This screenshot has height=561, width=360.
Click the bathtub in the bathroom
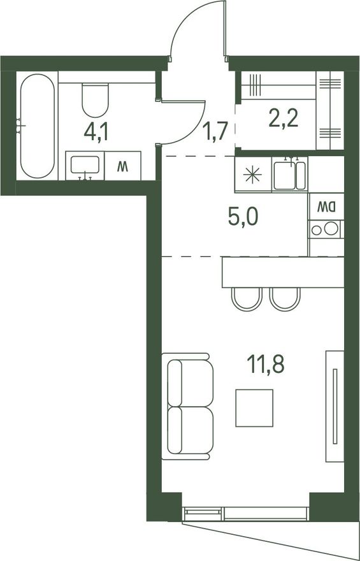[38, 126]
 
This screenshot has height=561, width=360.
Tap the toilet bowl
[95, 100]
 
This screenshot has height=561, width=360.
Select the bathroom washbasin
[85, 165]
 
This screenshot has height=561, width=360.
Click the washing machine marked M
[122, 166]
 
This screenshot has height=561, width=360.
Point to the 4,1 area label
[96, 132]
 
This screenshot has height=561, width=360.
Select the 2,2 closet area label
[284, 119]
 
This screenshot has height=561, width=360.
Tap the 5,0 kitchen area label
[243, 217]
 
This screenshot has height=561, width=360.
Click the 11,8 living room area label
[266, 365]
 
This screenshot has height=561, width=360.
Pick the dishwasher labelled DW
[326, 207]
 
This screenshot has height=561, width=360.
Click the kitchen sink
[290, 175]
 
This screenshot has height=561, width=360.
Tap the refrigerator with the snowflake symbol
[253, 174]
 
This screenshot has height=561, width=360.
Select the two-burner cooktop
[326, 229]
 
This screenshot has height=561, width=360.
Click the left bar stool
[247, 299]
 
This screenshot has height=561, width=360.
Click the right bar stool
[285, 299]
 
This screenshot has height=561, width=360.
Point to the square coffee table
[254, 408]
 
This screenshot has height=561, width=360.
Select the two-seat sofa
[187, 407]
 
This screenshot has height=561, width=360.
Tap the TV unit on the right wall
[335, 406]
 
